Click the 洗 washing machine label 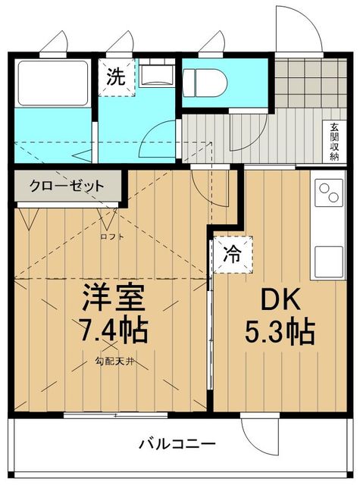point(115,76)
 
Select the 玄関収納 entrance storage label point(333,142)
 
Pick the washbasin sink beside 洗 point(157,74)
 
